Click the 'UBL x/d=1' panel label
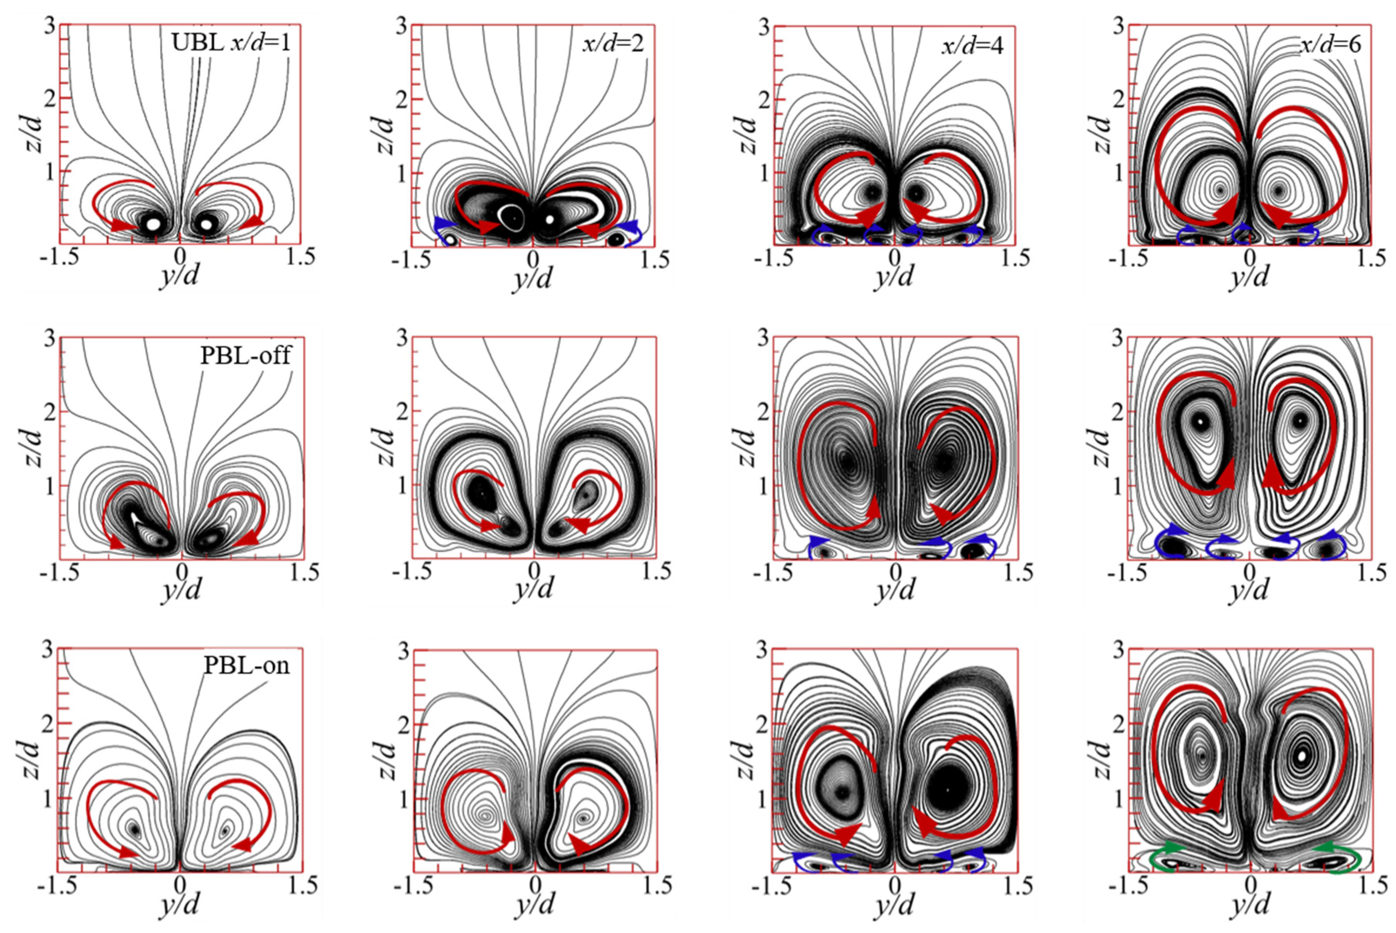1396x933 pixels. (231, 43)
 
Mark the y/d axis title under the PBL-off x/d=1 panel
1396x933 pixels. (181, 591)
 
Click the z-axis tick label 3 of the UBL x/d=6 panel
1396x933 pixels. (1118, 27)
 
